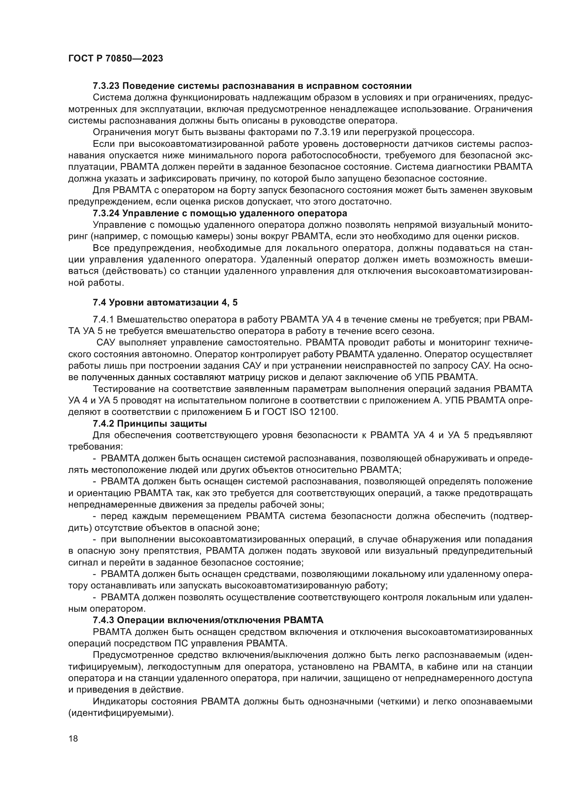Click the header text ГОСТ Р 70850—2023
(x=116, y=59)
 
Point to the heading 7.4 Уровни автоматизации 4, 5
(x=165, y=302)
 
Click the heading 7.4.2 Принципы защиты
(x=150, y=423)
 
